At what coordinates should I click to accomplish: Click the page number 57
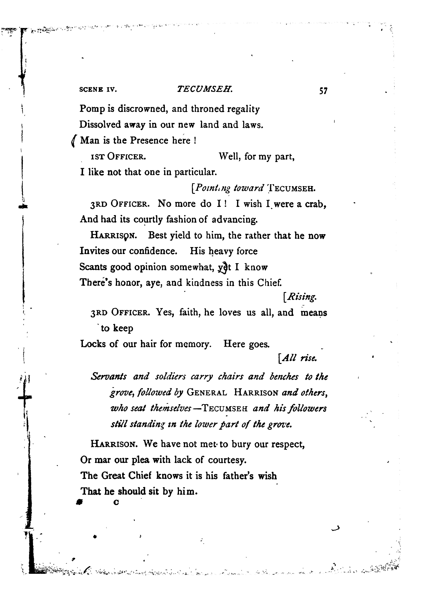[x=323, y=91]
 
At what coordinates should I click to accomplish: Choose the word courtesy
[x=227, y=460]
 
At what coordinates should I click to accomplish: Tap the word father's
[x=238, y=476]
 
